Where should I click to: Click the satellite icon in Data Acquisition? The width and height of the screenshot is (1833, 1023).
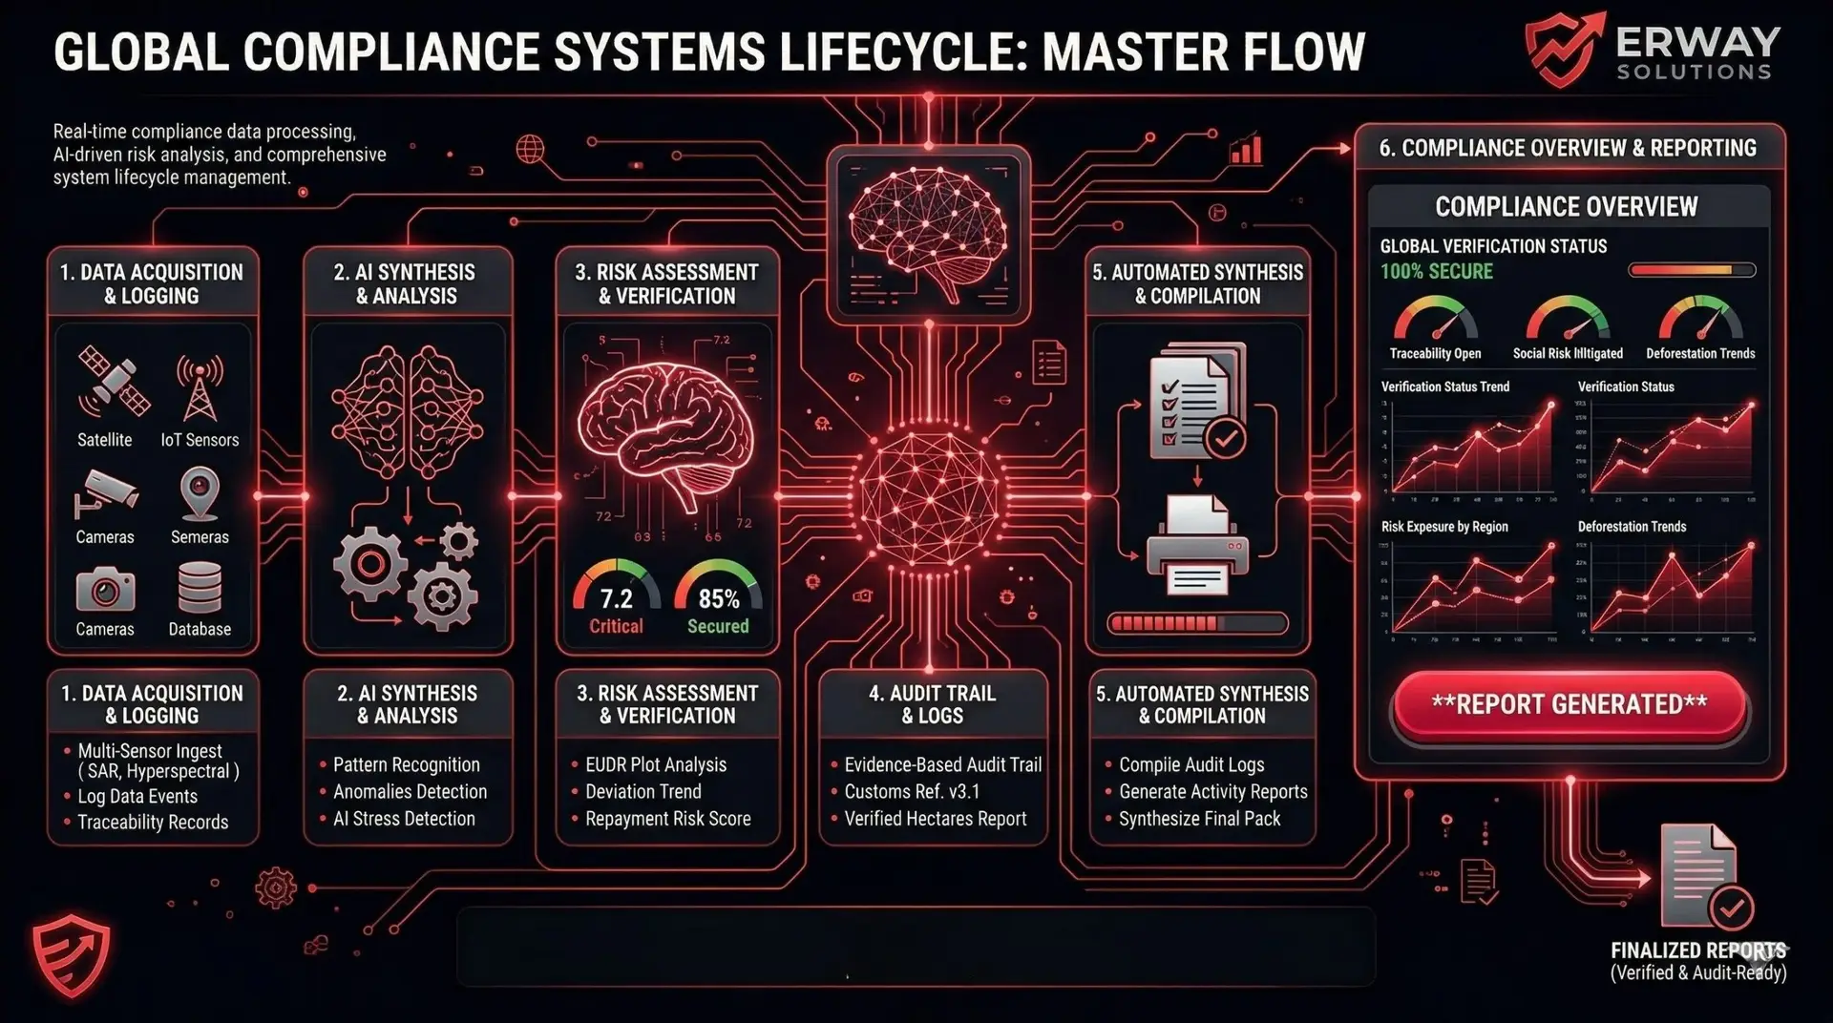[114, 381]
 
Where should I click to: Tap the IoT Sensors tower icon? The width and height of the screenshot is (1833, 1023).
[200, 387]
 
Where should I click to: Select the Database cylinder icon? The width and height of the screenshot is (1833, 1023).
[200, 586]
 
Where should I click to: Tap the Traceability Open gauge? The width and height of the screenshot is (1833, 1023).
[1435, 320]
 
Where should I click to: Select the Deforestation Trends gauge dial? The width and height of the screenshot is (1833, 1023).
[1700, 320]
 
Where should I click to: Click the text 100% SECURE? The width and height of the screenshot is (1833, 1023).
[1436, 272]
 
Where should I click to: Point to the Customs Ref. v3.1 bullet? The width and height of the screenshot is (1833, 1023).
[912, 792]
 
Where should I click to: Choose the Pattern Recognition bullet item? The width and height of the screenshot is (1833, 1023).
[406, 765]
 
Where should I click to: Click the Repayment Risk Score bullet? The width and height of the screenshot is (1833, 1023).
[667, 819]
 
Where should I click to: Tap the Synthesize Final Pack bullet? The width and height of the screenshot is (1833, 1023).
[1199, 819]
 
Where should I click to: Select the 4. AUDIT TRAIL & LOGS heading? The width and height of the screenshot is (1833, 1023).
[932, 704]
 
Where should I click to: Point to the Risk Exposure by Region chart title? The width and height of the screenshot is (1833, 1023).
[1444, 527]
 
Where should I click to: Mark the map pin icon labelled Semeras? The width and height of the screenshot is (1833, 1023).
[200, 492]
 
